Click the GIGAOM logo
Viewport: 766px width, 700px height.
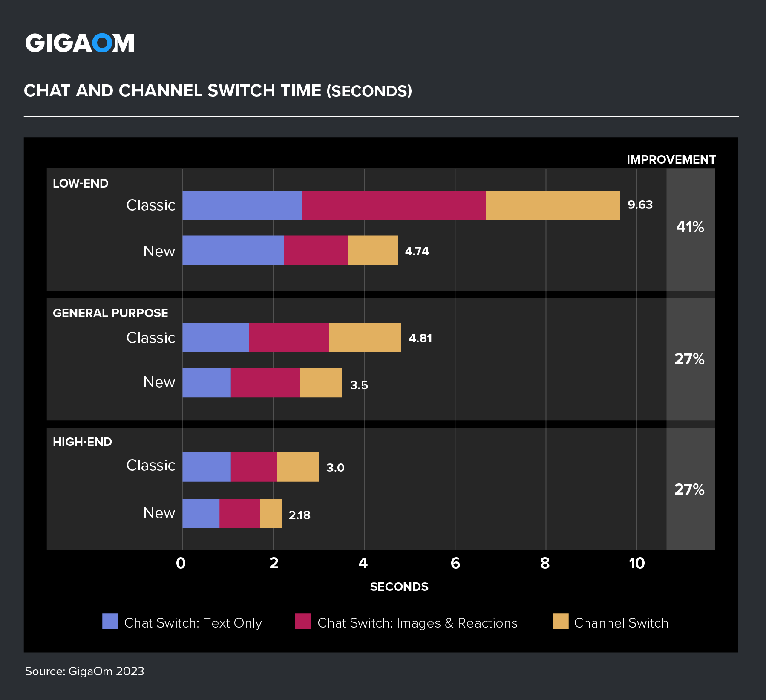click(80, 43)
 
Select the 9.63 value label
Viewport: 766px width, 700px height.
click(640, 205)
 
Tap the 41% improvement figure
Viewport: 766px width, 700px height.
click(690, 227)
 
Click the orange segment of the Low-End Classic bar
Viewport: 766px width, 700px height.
click(553, 205)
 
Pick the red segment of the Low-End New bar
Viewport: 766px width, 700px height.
click(316, 250)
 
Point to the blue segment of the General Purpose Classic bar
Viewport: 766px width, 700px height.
click(216, 337)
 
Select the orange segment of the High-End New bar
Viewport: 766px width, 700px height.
click(271, 513)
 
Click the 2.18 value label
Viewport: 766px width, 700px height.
click(299, 515)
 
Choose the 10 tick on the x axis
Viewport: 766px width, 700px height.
click(636, 564)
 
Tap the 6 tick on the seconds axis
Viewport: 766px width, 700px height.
click(455, 564)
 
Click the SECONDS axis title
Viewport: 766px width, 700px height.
click(399, 587)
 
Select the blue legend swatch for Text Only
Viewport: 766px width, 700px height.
click(110, 622)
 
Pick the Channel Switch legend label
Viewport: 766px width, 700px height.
click(621, 623)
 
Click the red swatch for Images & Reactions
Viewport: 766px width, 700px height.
click(302, 622)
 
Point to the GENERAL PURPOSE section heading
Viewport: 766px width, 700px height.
click(110, 313)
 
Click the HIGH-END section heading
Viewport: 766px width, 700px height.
click(82, 442)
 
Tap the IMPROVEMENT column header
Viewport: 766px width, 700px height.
click(671, 160)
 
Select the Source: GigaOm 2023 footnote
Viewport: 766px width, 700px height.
click(84, 671)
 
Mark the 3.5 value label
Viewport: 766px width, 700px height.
click(359, 385)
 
